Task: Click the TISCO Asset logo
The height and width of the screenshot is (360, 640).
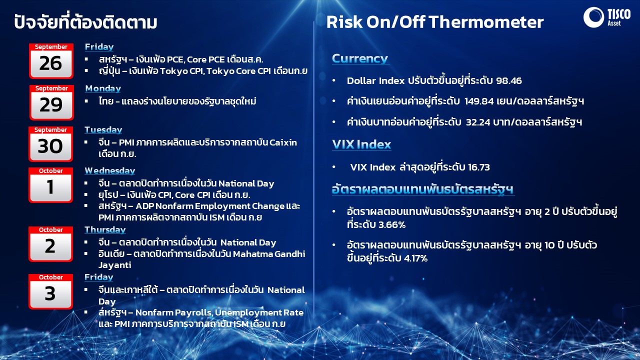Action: pyautogui.click(x=607, y=17)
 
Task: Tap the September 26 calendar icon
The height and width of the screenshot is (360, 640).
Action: pyautogui.click(x=51, y=61)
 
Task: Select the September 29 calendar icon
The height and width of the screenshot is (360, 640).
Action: pyautogui.click(x=51, y=102)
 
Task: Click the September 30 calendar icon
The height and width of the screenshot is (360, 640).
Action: pyautogui.click(x=50, y=144)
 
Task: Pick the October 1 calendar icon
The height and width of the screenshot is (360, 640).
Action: pyautogui.click(x=50, y=185)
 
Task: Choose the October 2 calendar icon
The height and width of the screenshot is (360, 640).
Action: pyautogui.click(x=50, y=244)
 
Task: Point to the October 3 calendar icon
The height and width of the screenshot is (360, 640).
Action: pyautogui.click(x=50, y=291)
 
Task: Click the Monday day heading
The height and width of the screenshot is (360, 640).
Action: pyautogui.click(x=103, y=88)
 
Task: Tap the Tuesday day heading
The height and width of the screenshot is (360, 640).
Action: pyautogui.click(x=103, y=130)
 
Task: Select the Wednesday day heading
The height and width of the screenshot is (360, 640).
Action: pyautogui.click(x=109, y=171)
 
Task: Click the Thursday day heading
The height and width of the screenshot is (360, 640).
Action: pyautogui.click(x=105, y=230)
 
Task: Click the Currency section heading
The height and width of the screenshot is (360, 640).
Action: pyautogui.click(x=360, y=58)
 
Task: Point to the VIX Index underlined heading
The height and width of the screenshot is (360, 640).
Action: pyautogui.click(x=361, y=144)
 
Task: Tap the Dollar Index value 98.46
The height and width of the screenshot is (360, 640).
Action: pyautogui.click(x=509, y=81)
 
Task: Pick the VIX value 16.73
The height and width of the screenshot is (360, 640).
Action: pyautogui.click(x=479, y=167)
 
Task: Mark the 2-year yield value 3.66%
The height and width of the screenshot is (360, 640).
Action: pyautogui.click(x=390, y=225)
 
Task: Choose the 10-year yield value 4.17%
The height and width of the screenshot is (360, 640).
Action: pyautogui.click(x=415, y=258)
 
